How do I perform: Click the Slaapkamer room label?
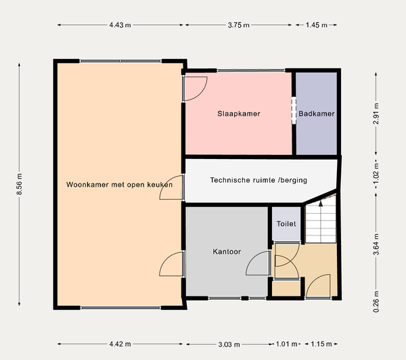coord(239,114)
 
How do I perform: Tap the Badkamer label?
coord(317,114)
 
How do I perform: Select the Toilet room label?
coord(286,224)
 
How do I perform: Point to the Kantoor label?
coord(227,252)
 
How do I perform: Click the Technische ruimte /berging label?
coord(258,180)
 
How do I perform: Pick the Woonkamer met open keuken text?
coord(119,185)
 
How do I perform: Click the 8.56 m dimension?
coord(19,184)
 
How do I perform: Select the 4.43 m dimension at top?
coord(120,25)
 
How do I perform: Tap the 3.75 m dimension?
coord(238,25)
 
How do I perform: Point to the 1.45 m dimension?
coord(317,25)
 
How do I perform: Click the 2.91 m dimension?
coord(376,114)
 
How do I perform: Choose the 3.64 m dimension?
coord(376,244)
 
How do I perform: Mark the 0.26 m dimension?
coord(376,302)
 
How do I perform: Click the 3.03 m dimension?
coord(229,344)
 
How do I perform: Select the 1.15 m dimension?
coord(321,344)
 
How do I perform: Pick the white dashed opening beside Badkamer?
coord(294,110)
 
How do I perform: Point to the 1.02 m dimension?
coord(376,173)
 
